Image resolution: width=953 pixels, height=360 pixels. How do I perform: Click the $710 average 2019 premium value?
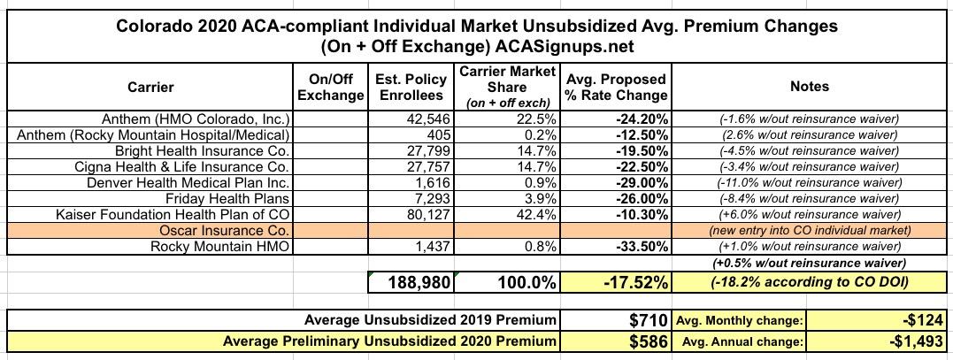coord(645,319)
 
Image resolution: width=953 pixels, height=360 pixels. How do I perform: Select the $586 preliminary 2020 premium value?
coord(645,341)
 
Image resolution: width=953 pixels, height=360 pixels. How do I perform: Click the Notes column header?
coord(810,87)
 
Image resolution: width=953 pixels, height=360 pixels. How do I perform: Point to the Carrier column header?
coord(150,87)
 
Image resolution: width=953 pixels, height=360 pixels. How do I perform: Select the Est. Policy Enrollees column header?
coord(411,87)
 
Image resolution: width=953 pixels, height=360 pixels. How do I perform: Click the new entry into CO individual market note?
coord(810,230)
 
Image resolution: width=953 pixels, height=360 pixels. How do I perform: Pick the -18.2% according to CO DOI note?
coord(810,282)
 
